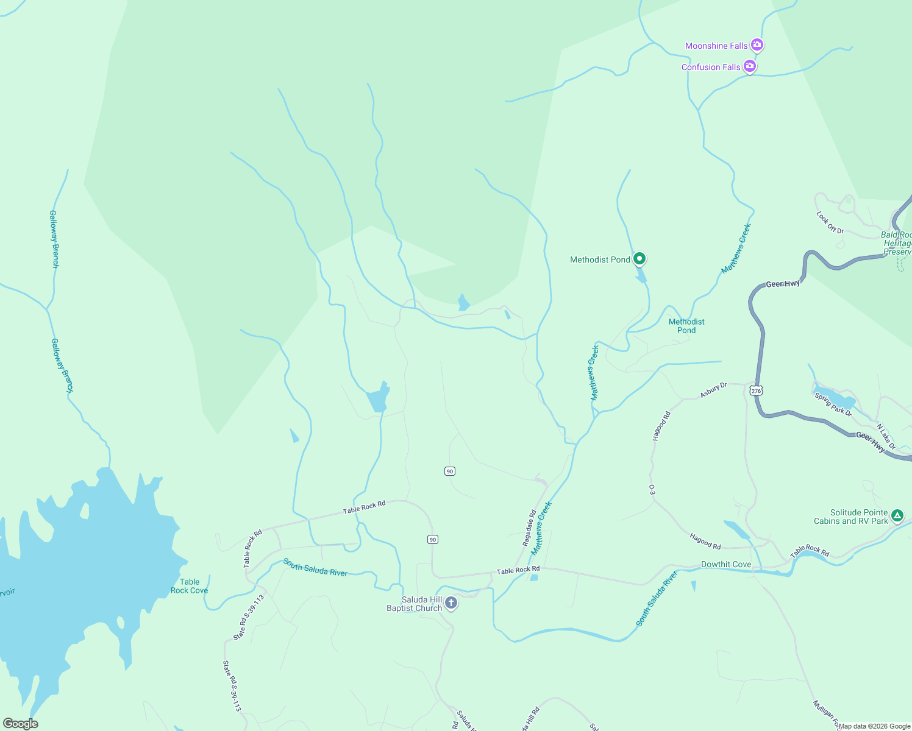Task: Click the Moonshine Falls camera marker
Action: point(757,44)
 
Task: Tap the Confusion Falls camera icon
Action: point(750,66)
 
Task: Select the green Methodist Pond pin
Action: point(639,259)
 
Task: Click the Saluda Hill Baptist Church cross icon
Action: point(451,603)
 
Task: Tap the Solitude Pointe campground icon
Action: point(897,516)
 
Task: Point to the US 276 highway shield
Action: point(756,390)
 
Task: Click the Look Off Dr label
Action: point(830,222)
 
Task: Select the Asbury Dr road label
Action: point(713,390)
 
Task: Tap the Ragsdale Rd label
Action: point(529,528)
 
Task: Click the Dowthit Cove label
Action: point(726,564)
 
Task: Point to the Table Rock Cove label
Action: point(189,586)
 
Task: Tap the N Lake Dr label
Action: point(886,436)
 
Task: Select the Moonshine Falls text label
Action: point(716,46)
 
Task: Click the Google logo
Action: point(21,723)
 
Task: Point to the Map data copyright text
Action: point(874,726)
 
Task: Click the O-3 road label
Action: point(652,490)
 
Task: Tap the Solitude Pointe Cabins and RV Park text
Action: point(851,517)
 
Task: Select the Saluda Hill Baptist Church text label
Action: point(415,604)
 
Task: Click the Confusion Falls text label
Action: point(711,67)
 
